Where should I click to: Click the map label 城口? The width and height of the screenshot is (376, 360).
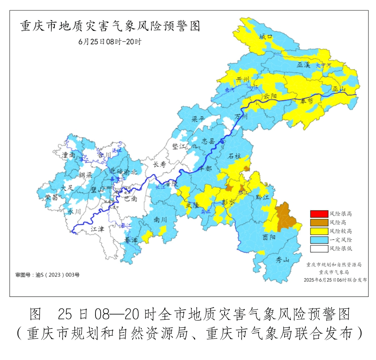point(265,36)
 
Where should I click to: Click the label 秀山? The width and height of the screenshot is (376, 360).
point(282,260)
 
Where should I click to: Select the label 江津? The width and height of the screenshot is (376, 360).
point(97,229)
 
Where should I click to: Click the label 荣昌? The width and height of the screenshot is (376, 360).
point(51,197)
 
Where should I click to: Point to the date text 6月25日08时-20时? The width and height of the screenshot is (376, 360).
point(110,42)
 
